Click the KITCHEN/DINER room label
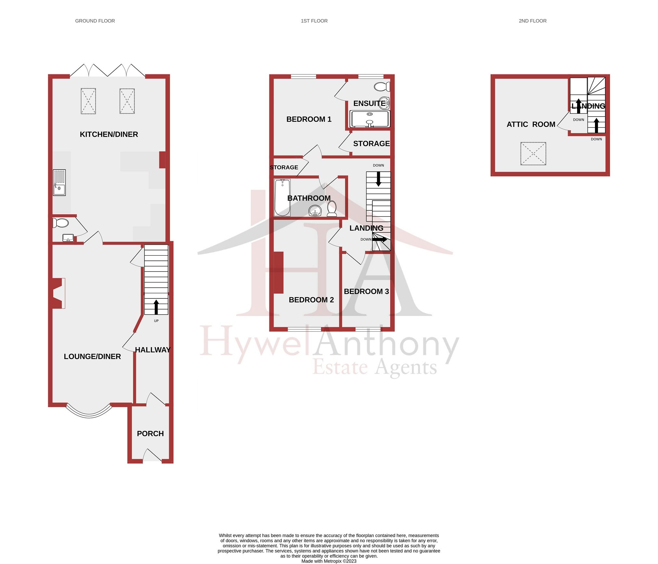click(109, 134)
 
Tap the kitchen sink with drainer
click(59, 182)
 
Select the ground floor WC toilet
click(61, 223)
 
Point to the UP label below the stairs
click(156, 321)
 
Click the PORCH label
click(150, 434)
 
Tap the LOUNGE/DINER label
click(92, 357)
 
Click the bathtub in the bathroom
click(282, 197)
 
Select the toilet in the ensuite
click(382, 87)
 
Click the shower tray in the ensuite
click(370, 119)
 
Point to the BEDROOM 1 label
click(309, 119)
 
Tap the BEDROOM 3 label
click(366, 292)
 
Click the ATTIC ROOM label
click(531, 124)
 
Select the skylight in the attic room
click(533, 154)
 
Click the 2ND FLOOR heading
click(533, 21)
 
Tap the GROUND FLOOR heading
click(95, 21)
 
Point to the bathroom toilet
click(332, 208)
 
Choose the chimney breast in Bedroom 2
click(278, 272)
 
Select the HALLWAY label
click(153, 350)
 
